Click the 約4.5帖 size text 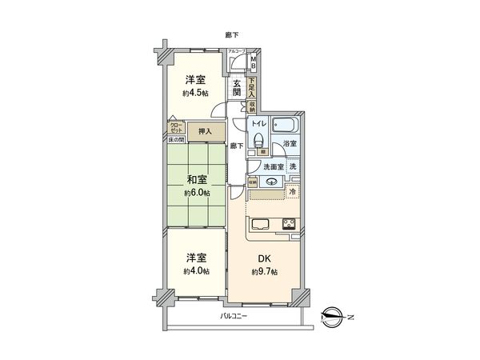(x=196, y=94)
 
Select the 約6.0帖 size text (x=196, y=194)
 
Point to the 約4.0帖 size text (x=196, y=272)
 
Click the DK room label (x=263, y=258)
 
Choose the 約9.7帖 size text (x=263, y=272)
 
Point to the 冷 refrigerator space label (x=293, y=193)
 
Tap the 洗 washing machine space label (x=293, y=166)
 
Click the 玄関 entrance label (x=238, y=87)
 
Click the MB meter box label (x=254, y=61)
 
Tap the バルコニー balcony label (x=234, y=317)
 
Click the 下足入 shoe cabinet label (x=251, y=85)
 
